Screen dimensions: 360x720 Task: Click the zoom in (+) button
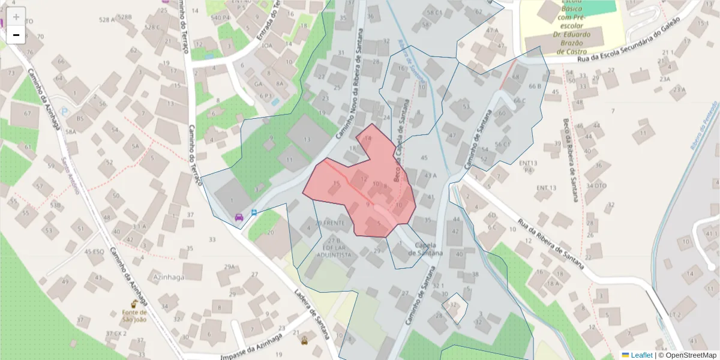pos(16,16)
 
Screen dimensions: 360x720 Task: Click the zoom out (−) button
pos(16,35)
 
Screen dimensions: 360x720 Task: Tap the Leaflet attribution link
pos(641,355)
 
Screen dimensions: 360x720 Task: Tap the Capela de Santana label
pos(425,249)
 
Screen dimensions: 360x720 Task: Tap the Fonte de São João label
pos(134,315)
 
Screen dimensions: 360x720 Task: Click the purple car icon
pos(239,217)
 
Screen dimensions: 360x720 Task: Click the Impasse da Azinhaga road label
pos(251,347)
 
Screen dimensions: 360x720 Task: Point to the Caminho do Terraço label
pos(196,153)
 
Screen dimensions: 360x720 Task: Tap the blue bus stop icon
pos(254,212)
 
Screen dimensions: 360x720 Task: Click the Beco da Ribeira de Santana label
pos(571,160)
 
